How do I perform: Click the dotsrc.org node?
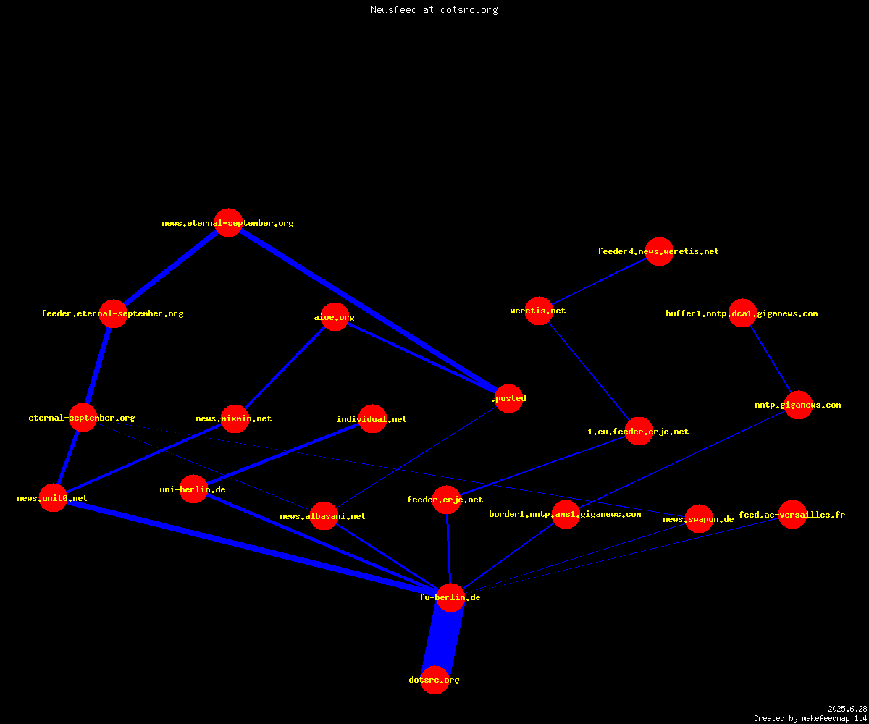434,680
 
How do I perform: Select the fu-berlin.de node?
450,597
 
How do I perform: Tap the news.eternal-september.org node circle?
229,222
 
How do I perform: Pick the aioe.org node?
335,317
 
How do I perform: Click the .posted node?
508,398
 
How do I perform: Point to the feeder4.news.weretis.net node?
659,251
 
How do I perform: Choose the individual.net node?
372,418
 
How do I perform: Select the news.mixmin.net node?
235,418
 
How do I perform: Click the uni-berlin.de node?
193,489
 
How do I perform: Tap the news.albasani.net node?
324,516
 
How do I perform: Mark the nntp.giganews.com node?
798,405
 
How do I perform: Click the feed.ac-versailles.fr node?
792,514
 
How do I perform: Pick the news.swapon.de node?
700,519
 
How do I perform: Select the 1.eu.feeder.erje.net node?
639,431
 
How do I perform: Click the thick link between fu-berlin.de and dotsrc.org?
442,639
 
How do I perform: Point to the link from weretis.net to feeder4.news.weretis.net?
600,281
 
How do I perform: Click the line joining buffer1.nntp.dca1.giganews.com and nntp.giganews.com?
771,359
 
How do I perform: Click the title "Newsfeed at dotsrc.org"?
434,9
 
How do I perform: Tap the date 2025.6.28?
847,709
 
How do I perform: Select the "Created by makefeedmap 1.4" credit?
810,718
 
